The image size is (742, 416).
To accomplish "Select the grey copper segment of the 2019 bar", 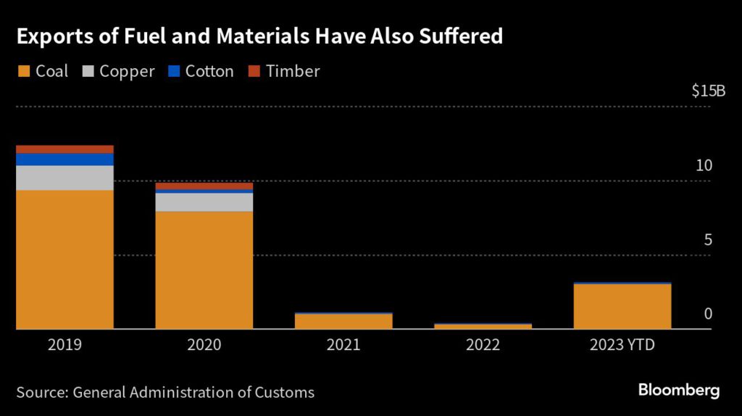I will click(64, 178).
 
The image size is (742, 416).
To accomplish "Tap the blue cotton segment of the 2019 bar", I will click(64, 159).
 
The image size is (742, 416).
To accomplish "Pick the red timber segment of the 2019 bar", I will click(64, 149).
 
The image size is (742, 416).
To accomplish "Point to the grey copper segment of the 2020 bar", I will click(204, 202).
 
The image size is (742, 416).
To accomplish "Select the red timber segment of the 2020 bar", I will click(204, 186).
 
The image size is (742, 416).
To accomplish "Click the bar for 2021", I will click(343, 321).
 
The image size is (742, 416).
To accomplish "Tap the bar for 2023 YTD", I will click(622, 307).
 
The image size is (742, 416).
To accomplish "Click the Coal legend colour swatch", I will click(23, 71).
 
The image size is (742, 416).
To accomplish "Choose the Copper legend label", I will click(127, 71).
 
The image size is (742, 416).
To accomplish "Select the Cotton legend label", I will click(209, 71).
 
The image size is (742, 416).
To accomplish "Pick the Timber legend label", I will click(293, 71).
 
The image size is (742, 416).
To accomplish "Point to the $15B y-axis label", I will click(708, 91).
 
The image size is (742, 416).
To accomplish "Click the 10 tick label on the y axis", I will click(704, 165).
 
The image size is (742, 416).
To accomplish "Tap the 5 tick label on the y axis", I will click(708, 240).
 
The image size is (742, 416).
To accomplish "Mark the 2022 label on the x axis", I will click(483, 345).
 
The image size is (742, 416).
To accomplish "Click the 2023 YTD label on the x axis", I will click(622, 345).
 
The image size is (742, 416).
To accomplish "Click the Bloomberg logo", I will click(679, 391).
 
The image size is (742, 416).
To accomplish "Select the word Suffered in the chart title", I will click(459, 36).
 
